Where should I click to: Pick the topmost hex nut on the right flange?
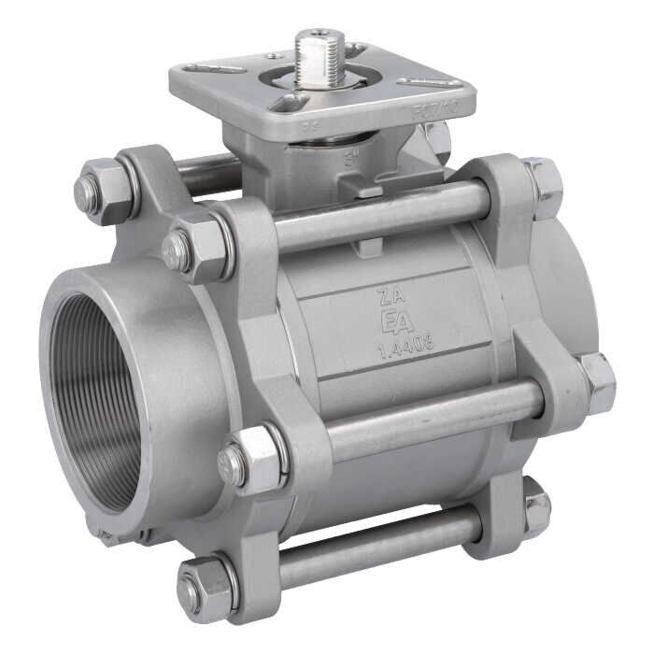(x=543, y=183)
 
